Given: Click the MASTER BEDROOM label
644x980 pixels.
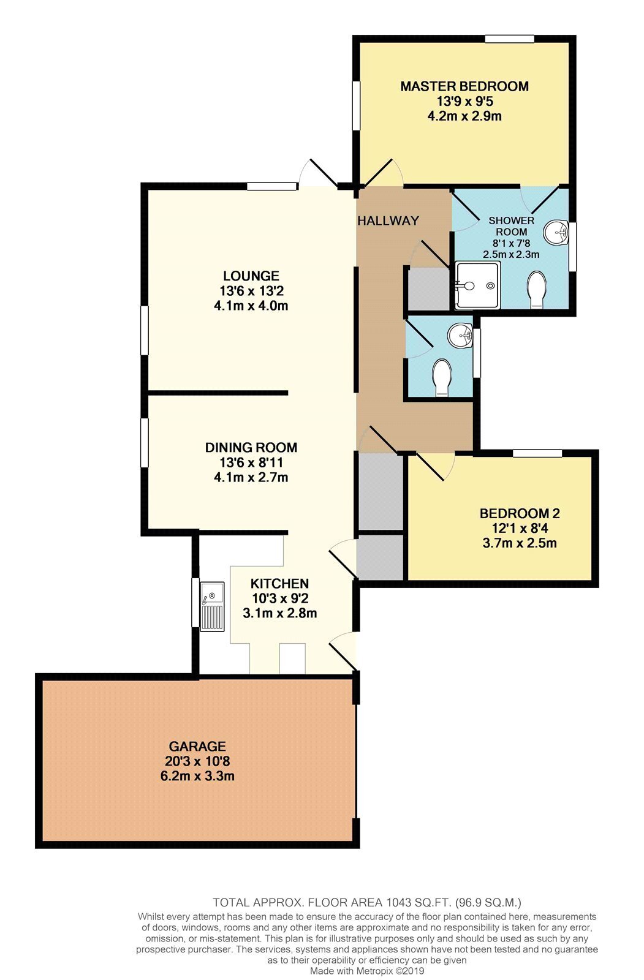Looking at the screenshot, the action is point(464,86).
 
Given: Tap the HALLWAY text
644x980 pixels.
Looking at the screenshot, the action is point(388,221).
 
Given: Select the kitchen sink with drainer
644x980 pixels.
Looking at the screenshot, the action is point(212,606).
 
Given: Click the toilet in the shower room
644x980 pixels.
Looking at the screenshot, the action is point(536,289).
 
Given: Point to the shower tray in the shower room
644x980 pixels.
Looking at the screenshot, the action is point(477,285).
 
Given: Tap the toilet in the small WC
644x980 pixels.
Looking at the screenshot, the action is point(441,378).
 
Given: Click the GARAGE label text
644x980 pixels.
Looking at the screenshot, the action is point(197,745).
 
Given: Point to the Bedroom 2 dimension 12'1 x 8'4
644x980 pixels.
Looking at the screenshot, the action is point(520,528).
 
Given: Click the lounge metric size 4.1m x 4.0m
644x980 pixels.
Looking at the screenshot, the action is point(251,306).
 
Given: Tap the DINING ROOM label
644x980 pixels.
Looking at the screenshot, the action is point(251,447).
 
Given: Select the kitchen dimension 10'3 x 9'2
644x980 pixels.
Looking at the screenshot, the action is point(280,598).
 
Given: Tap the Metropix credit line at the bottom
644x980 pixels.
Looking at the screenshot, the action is point(367,971).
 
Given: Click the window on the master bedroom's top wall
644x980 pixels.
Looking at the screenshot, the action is point(509,39).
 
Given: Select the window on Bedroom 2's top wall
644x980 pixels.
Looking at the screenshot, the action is point(537,453).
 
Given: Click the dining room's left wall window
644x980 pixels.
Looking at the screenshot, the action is point(145,442).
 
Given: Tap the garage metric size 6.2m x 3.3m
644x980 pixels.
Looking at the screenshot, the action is point(197,775).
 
